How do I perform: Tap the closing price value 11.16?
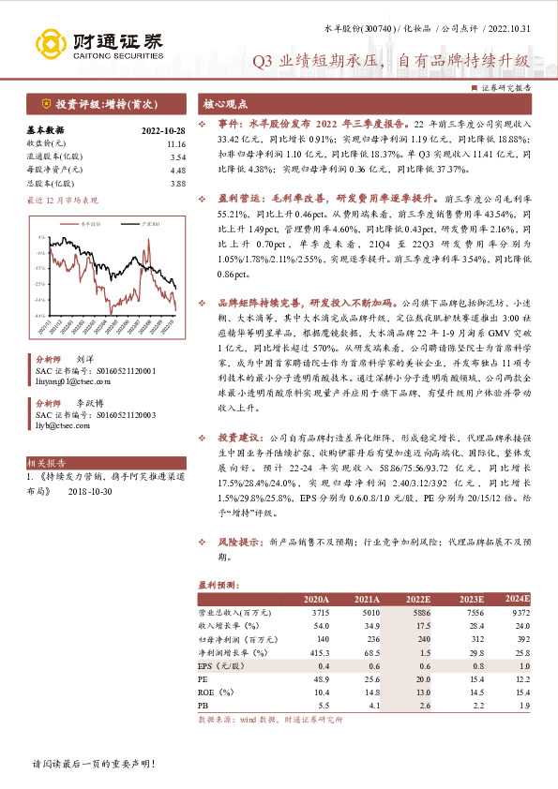point(176,143)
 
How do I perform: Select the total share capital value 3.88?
point(178,184)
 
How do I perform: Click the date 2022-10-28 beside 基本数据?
point(164,130)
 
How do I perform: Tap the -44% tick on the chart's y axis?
point(41,316)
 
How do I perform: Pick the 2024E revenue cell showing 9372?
point(520,612)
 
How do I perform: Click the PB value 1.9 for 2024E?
point(523,704)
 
